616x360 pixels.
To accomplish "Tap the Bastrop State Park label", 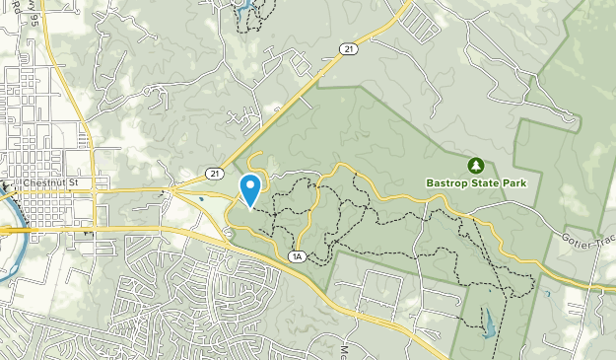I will [x=477, y=183].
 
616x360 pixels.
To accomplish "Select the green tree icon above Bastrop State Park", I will [x=475, y=164].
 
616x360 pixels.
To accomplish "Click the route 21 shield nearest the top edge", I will [x=348, y=47].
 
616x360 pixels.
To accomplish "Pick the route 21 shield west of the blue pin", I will [x=215, y=173].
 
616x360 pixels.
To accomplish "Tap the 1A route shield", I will [x=297, y=256].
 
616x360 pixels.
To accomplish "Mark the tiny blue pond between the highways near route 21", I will [x=203, y=197].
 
